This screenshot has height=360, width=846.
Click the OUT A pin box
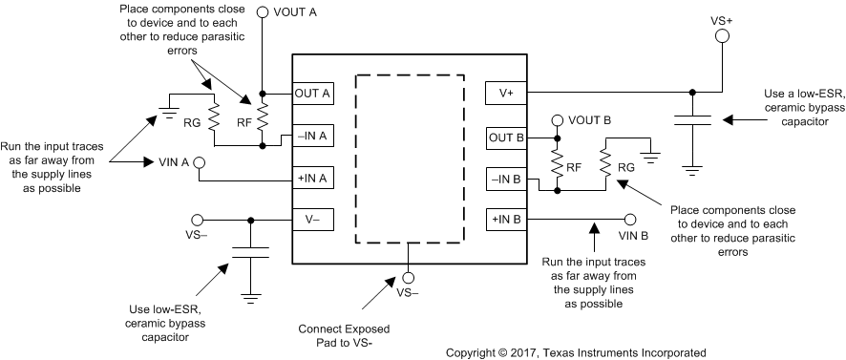(x=312, y=94)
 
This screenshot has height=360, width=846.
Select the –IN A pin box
(x=312, y=137)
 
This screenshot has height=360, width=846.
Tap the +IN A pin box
(x=312, y=177)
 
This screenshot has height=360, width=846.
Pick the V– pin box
(x=312, y=219)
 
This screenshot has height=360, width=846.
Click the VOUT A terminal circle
(x=263, y=13)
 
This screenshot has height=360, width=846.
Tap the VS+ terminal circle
(x=722, y=36)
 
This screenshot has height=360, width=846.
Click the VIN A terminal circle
(x=201, y=163)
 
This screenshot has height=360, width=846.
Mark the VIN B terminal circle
(x=631, y=219)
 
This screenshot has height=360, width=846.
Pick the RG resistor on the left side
(x=215, y=119)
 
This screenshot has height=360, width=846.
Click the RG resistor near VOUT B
(x=603, y=163)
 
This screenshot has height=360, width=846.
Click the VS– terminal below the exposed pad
(x=409, y=280)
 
